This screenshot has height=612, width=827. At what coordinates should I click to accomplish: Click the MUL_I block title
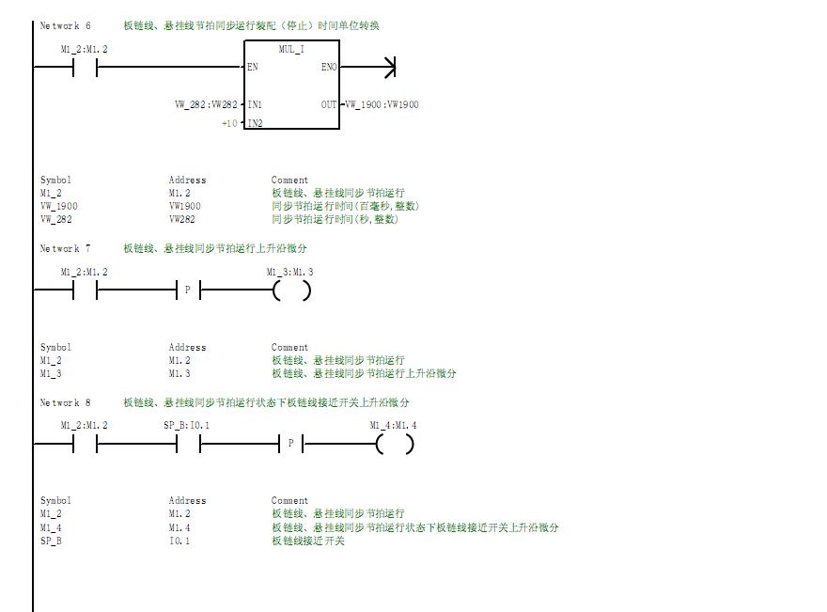[291, 49]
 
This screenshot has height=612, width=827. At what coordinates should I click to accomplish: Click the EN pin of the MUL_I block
[253, 68]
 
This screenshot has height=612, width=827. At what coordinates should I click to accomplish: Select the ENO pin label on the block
[329, 68]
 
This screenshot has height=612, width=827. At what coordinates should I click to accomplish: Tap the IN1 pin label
[255, 104]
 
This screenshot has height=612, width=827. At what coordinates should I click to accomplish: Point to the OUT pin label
[329, 104]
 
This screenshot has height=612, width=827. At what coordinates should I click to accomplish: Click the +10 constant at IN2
[229, 124]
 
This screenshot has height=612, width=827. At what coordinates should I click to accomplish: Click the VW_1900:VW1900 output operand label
[382, 104]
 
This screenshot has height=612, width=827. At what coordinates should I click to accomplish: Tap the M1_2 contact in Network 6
[85, 68]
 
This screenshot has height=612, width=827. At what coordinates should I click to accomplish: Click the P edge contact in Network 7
[187, 291]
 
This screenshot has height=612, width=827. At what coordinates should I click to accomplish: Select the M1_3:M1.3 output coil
[291, 291]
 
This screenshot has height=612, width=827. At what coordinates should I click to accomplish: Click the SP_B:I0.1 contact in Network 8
[187, 445]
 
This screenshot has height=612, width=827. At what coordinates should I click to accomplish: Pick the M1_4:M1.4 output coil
[395, 445]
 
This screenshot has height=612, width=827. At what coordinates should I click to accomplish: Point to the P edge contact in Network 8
[291, 445]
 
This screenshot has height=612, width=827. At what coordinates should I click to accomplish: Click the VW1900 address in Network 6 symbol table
[185, 206]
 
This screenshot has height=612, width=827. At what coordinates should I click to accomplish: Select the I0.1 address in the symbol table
[179, 541]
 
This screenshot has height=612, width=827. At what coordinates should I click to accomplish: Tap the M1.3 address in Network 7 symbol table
[179, 373]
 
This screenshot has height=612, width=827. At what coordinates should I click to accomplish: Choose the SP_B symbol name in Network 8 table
[51, 541]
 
